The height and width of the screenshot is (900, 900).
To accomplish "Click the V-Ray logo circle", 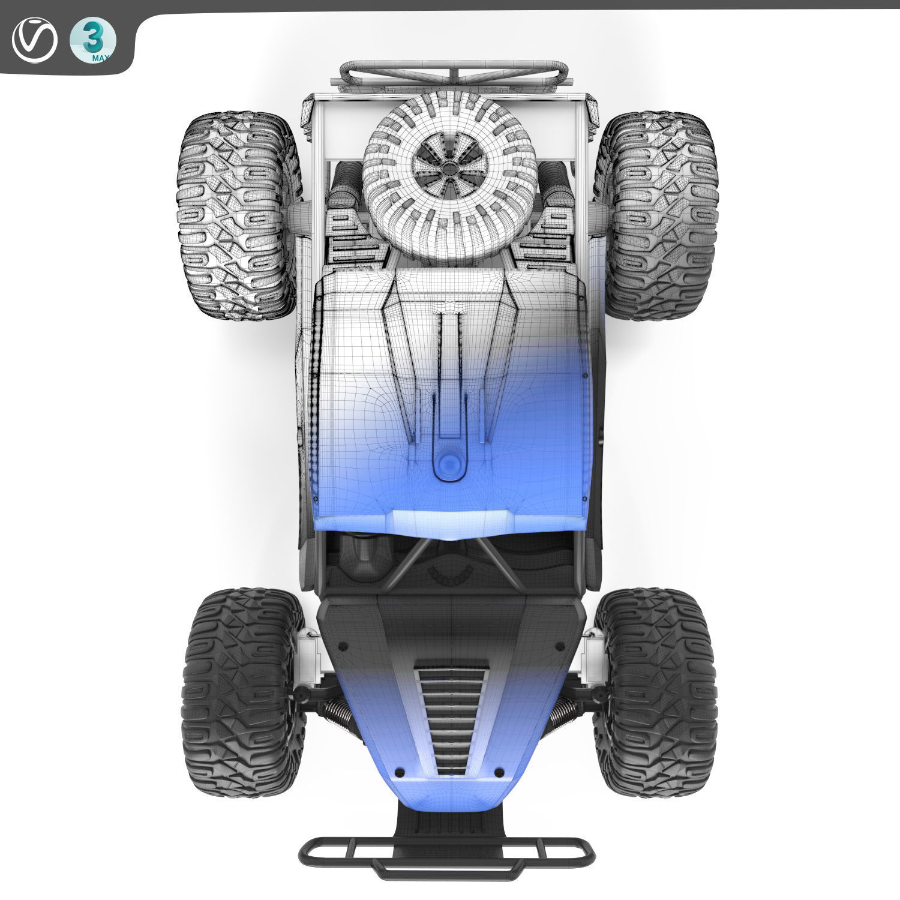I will [x=34, y=41].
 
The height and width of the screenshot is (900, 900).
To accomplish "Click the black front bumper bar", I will [x=447, y=851].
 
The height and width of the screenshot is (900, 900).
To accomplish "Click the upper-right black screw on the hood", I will [x=559, y=646].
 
